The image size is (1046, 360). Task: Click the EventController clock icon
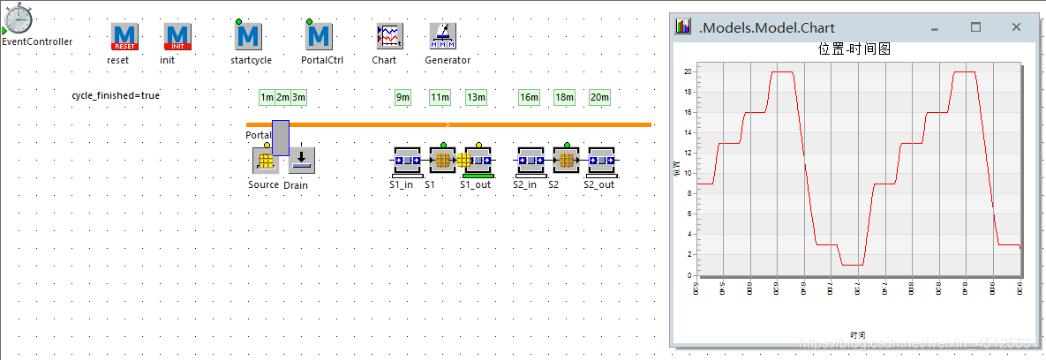(18, 19)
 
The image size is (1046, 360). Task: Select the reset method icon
(124, 36)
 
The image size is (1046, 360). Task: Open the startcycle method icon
(248, 36)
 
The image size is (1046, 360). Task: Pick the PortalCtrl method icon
(319, 36)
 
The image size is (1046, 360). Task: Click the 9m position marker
(403, 97)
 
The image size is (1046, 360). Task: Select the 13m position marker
(476, 97)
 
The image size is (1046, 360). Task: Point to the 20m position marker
(599, 97)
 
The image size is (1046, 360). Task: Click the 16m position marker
(529, 97)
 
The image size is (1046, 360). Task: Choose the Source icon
(264, 161)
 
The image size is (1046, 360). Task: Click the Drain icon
(301, 161)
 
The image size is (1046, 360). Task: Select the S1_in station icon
(406, 161)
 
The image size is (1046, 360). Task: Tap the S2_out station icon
(601, 161)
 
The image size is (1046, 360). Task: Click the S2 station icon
(565, 161)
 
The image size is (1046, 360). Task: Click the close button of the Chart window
(1016, 27)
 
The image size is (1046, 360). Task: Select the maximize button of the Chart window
(975, 27)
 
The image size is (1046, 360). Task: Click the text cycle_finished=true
(116, 94)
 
